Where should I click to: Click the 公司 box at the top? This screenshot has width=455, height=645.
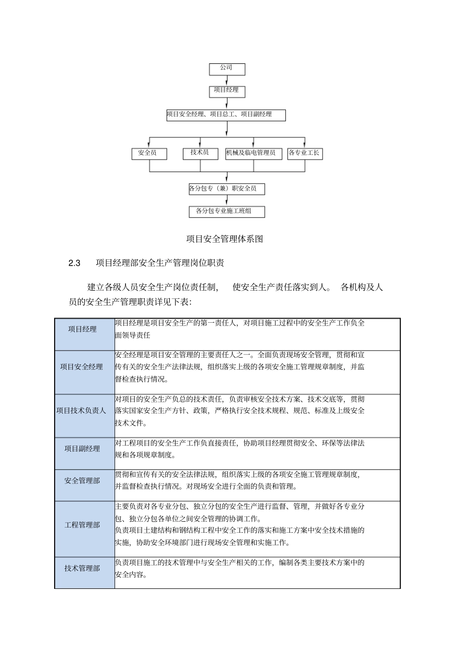227,69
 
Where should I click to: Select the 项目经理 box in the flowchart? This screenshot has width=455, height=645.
227,91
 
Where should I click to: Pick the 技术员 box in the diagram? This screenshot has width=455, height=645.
199,153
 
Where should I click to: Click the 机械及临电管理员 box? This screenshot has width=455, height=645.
253,153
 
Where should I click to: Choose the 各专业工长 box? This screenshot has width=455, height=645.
304,153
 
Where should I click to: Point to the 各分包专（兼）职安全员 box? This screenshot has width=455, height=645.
227,189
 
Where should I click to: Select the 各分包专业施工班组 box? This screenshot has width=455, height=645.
227,211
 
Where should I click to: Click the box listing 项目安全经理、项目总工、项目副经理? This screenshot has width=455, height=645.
226,115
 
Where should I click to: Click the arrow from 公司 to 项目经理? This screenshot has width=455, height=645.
227,81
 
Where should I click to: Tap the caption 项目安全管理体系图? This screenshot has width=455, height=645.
225,239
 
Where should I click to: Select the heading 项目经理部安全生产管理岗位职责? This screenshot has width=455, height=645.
160,263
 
